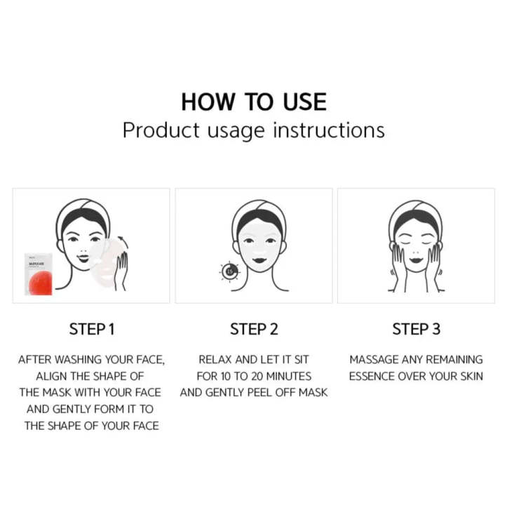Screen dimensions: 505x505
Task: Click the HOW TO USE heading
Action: point(253,102)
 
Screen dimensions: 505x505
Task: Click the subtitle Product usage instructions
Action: point(253,130)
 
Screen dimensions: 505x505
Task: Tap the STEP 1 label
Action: point(91,329)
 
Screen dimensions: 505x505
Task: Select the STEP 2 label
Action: point(253,329)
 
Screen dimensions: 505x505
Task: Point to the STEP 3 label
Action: point(416,329)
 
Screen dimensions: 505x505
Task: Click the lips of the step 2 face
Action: point(253,266)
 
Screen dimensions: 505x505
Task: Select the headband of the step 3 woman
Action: point(417,210)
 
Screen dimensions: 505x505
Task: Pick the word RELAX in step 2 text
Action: point(216,359)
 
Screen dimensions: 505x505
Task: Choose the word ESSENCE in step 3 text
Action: point(372,376)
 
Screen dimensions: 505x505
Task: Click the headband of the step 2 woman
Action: point(253,210)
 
